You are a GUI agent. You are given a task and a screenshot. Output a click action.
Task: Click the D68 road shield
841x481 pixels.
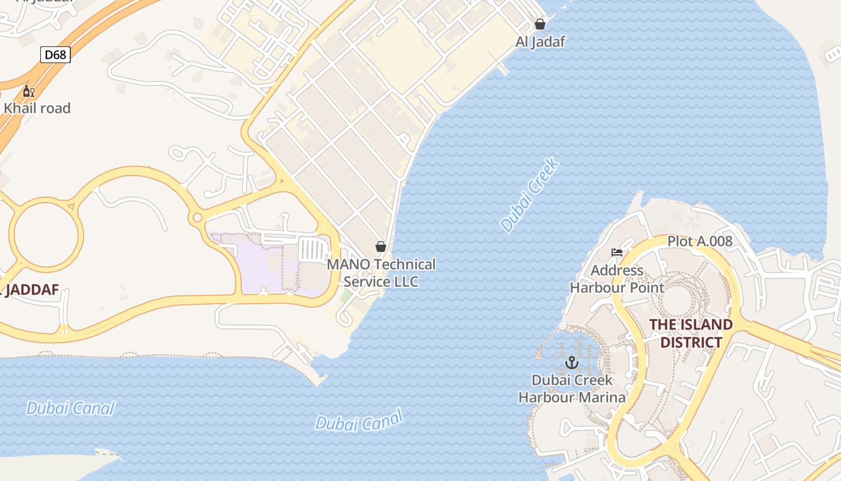[56, 55]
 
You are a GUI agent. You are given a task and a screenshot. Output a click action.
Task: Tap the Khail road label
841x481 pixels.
[37, 108]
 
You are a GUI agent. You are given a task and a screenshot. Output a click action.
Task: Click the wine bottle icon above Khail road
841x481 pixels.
[28, 91]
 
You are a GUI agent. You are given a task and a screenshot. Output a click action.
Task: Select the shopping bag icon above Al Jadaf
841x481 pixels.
[540, 24]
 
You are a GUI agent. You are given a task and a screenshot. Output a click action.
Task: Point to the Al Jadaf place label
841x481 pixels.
[540, 41]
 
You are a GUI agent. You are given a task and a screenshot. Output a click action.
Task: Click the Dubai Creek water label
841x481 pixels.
[530, 195]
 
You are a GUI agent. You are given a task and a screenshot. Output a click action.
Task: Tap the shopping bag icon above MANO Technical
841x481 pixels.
[380, 247]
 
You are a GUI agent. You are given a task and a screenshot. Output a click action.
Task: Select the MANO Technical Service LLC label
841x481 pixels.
[381, 273]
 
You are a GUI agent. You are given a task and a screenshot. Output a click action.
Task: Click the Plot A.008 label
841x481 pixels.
[700, 242]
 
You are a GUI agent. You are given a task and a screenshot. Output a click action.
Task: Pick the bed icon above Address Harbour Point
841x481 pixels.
[617, 253]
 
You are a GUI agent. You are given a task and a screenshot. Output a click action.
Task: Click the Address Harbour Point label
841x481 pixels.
[617, 279]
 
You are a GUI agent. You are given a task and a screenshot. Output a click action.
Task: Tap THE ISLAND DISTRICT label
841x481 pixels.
[691, 334]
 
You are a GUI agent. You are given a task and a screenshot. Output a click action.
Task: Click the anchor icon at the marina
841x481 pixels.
[572, 363]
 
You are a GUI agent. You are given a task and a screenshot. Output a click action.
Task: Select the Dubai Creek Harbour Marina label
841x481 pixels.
[572, 388]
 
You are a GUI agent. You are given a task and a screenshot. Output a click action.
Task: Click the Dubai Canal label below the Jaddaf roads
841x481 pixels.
[70, 409]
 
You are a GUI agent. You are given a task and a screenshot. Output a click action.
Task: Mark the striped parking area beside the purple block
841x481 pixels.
[311, 249]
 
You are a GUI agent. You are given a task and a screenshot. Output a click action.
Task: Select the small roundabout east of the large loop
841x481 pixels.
[196, 217]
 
